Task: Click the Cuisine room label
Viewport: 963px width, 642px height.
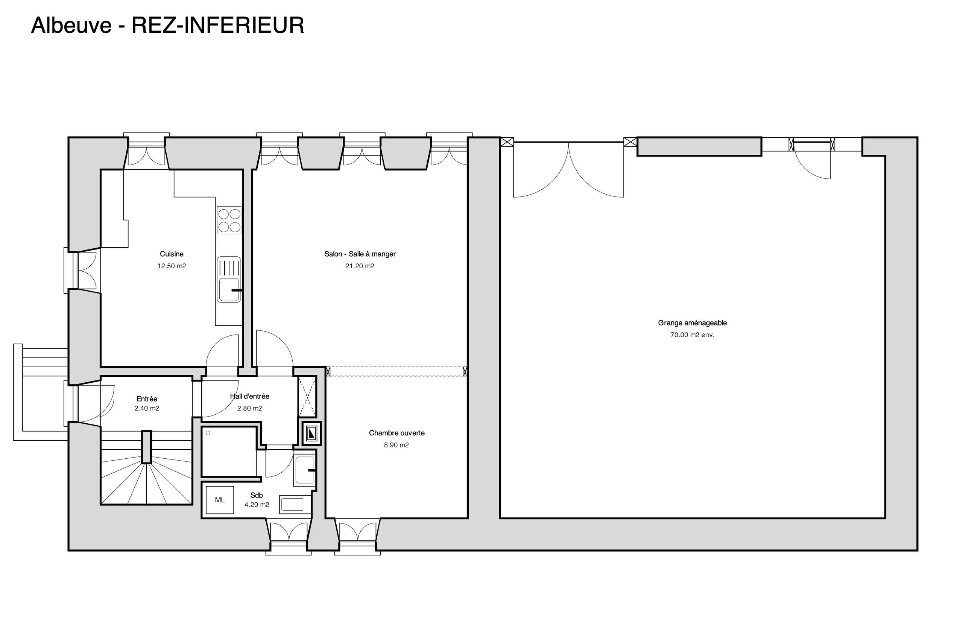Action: [x=172, y=254]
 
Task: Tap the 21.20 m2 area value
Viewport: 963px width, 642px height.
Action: [x=359, y=266]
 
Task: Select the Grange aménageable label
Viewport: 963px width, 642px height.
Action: [x=692, y=323]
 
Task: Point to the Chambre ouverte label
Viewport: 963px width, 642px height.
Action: [x=396, y=433]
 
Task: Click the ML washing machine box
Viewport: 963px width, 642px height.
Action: [x=220, y=499]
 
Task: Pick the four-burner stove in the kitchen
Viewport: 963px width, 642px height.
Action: [x=229, y=220]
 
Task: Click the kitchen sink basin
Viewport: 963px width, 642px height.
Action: [x=229, y=289]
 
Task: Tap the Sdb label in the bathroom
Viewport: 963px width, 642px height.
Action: [x=257, y=495]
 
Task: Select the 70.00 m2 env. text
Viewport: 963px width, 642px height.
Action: [x=692, y=335]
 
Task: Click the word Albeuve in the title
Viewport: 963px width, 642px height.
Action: [x=71, y=25]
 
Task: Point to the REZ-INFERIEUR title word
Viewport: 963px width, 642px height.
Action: [x=218, y=25]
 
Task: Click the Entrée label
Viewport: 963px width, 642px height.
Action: [x=146, y=399]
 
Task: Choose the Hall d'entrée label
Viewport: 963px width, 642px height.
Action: [x=250, y=396]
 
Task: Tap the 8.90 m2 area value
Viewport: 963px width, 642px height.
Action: [x=396, y=445]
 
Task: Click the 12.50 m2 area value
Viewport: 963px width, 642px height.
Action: [x=172, y=266]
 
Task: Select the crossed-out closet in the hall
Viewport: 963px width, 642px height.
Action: [x=307, y=396]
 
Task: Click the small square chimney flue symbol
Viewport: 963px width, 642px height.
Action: [x=311, y=433]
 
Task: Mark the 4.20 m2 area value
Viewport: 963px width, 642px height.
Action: [x=257, y=504]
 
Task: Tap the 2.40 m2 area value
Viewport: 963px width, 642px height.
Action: [x=146, y=408]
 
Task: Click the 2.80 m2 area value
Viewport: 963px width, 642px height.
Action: [x=250, y=408]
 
